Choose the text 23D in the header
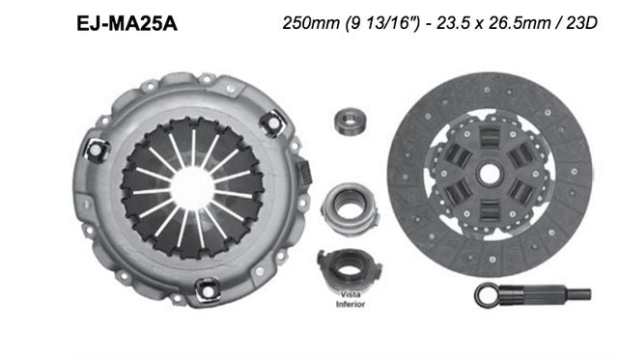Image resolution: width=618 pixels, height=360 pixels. coord(578,26)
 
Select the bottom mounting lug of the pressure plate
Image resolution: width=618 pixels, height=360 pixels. coord(205,287)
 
